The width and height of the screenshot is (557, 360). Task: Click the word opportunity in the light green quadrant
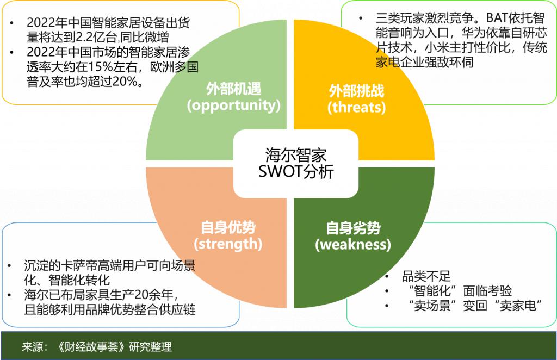tap(234, 105)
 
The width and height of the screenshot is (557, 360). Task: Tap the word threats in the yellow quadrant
tap(356, 107)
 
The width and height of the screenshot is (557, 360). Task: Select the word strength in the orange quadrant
tap(228, 244)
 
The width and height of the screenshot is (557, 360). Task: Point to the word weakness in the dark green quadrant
tap(352, 244)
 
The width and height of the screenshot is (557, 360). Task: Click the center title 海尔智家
tap(295, 155)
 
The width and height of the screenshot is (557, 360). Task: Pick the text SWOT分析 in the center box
tap(296, 171)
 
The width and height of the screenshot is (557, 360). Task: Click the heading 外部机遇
tap(234, 89)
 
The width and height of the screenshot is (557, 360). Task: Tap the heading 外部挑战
tap(356, 91)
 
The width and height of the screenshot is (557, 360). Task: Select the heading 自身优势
tap(228, 227)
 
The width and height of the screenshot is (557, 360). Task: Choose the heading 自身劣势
tap(353, 228)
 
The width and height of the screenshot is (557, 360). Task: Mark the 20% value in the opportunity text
tap(125, 82)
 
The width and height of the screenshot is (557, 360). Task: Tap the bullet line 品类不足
tap(426, 276)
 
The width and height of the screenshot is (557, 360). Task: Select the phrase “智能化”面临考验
tap(460, 291)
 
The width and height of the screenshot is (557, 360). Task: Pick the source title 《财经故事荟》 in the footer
tap(91, 346)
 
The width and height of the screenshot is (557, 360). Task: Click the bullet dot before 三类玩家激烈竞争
tap(361, 18)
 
